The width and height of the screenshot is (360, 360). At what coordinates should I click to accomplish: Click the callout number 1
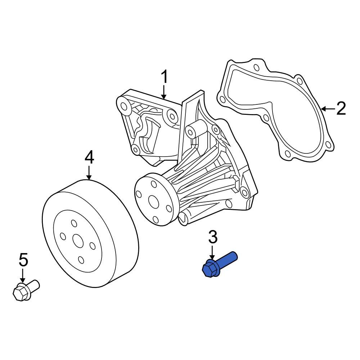click(164, 77)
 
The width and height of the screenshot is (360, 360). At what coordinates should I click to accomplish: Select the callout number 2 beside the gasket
click(341, 108)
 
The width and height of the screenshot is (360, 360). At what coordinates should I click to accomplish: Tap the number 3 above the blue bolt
click(213, 237)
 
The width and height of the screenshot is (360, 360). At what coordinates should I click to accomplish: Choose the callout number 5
click(23, 259)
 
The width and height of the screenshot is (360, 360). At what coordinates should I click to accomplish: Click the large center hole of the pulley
click(77, 240)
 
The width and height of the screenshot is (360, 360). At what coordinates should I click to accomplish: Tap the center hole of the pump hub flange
click(153, 201)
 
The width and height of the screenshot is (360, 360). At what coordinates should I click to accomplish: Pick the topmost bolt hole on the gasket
click(256, 68)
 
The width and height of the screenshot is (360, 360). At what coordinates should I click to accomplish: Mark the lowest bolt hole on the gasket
click(287, 154)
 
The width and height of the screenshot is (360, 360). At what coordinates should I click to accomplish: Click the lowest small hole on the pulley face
click(81, 260)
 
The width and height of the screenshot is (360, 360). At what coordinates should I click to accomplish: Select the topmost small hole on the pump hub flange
click(154, 185)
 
